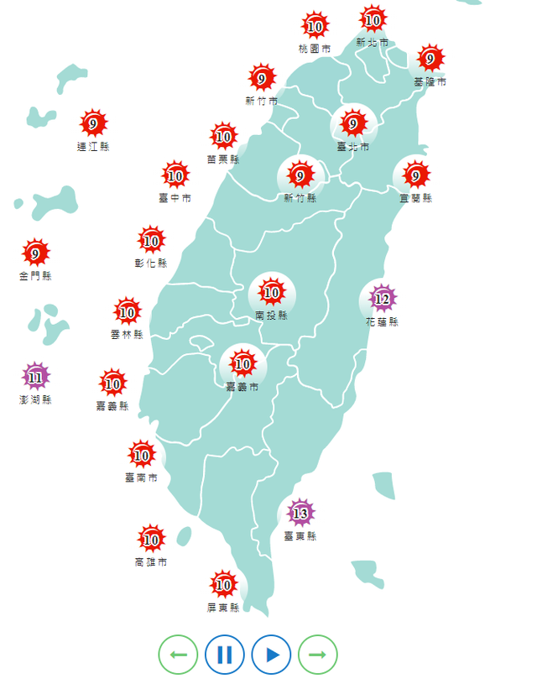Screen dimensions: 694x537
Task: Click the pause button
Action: click(224, 655)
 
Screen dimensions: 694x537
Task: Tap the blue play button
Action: click(271, 655)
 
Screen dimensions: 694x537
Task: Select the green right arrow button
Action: click(317, 655)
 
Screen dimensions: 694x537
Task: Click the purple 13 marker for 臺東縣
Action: click(300, 513)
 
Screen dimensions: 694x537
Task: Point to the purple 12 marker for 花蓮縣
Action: click(383, 299)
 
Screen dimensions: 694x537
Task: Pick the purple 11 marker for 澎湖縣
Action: click(35, 377)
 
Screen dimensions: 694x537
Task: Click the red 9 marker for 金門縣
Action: click(35, 253)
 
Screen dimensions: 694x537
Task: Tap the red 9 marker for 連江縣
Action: click(92, 124)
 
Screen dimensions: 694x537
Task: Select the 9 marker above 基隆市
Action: click(430, 59)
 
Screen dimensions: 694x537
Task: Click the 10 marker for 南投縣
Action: click(271, 293)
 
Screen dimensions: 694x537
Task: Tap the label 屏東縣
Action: click(223, 608)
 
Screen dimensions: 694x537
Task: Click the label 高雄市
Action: click(150, 561)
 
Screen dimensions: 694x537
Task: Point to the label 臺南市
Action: click(141, 477)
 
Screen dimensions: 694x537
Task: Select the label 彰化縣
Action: click(151, 263)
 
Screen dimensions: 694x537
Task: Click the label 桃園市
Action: click(315, 49)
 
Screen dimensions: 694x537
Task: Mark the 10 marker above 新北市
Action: click(373, 19)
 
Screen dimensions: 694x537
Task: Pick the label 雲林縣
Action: click(127, 334)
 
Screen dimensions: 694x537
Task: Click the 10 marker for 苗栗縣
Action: click(223, 136)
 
